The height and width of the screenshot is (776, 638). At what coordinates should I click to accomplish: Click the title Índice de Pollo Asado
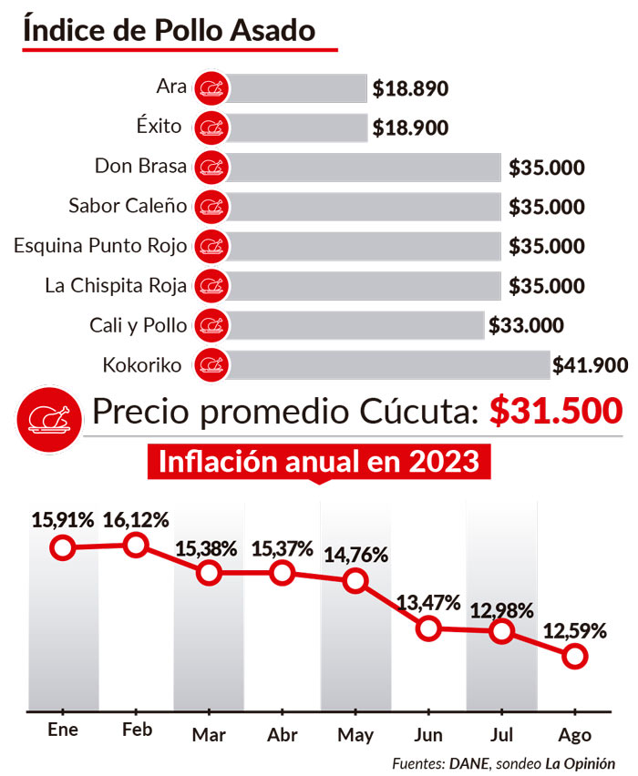[x=169, y=30]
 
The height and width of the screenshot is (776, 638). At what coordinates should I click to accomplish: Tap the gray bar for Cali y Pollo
[x=355, y=325]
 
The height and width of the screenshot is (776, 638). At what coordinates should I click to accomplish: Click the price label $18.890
[x=410, y=89]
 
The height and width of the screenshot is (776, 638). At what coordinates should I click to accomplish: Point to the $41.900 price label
[x=590, y=366]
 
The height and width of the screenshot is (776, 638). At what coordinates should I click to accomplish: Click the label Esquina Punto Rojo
[x=100, y=246]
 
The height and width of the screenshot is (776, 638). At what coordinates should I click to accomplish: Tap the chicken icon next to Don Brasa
[x=212, y=168]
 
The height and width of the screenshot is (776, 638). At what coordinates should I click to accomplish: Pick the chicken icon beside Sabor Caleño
[x=212, y=207]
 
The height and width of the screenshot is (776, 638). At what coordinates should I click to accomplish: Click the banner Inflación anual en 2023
[x=318, y=461]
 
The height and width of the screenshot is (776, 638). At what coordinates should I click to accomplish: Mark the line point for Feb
[x=136, y=545]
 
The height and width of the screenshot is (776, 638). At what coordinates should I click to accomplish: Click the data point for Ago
[x=574, y=656]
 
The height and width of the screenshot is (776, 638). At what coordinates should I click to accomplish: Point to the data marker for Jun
[x=428, y=628]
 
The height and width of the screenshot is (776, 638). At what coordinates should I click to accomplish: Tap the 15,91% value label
[x=63, y=521]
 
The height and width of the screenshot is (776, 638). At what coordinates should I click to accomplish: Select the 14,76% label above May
[x=356, y=555]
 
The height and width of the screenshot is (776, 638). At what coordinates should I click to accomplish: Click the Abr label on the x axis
[x=282, y=734]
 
